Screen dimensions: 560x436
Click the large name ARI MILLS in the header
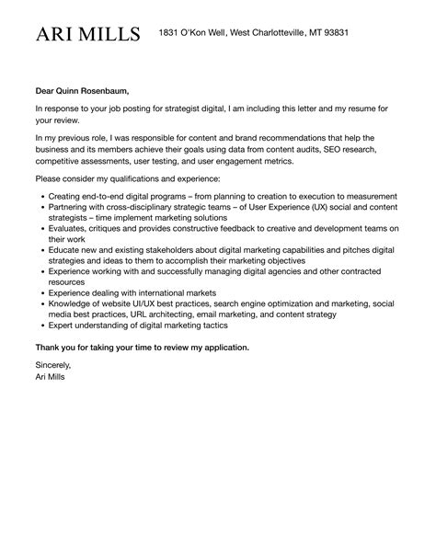[88, 35]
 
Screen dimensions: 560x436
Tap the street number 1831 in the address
[168, 33]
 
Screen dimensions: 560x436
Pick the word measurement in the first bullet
[364, 196]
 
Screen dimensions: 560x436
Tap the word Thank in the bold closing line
[52, 348]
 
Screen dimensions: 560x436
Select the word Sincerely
[53, 366]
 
